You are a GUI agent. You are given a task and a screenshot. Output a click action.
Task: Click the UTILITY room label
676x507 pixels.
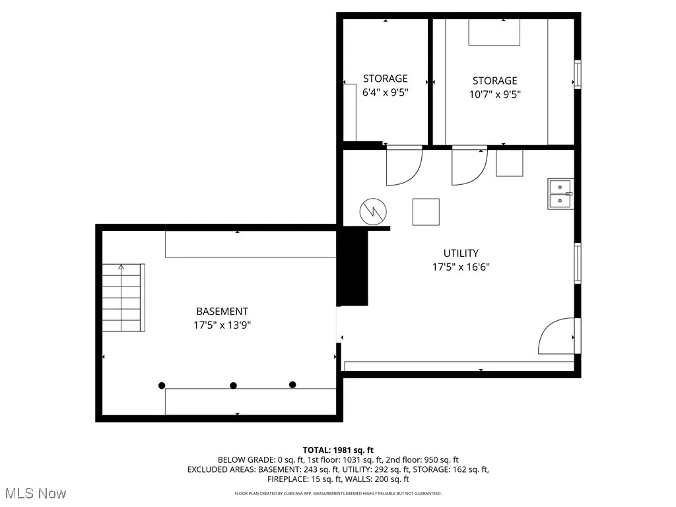[461, 253]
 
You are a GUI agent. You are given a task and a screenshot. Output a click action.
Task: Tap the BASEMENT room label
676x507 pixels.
[222, 311]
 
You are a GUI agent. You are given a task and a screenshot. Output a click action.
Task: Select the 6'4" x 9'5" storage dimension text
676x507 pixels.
[386, 93]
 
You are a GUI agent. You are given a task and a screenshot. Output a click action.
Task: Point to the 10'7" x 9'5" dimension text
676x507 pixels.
[494, 94]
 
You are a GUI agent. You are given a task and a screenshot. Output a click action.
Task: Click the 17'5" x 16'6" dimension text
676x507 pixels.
[461, 267]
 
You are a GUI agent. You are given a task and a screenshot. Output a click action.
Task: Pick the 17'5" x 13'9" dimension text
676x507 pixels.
[222, 325]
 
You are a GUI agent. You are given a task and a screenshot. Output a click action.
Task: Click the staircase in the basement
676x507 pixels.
[123, 298]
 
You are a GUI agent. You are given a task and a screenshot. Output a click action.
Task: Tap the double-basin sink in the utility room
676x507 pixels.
[560, 193]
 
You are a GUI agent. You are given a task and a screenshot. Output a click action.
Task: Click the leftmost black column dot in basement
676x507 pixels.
[162, 386]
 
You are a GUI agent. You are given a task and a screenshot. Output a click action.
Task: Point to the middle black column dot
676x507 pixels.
[233, 386]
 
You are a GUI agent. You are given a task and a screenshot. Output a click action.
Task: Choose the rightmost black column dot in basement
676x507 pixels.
[292, 385]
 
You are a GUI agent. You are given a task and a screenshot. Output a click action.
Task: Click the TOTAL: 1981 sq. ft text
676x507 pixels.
[338, 450]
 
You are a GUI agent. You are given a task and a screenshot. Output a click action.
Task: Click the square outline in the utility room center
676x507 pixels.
[426, 212]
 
